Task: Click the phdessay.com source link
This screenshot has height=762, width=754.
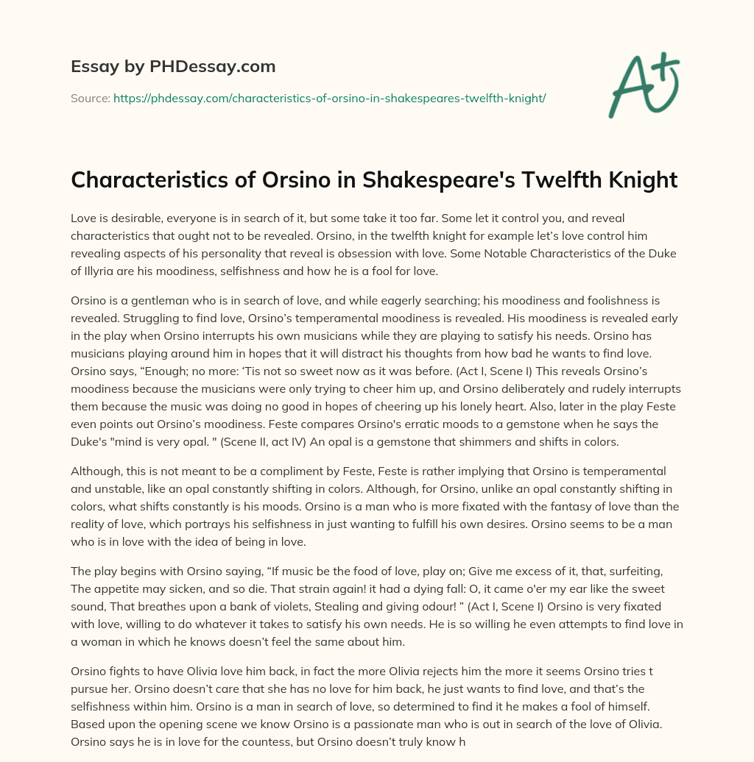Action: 329,98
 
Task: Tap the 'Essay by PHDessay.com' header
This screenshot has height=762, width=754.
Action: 173,67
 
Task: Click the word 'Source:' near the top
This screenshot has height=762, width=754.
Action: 90,98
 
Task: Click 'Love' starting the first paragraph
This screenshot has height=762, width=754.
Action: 84,219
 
